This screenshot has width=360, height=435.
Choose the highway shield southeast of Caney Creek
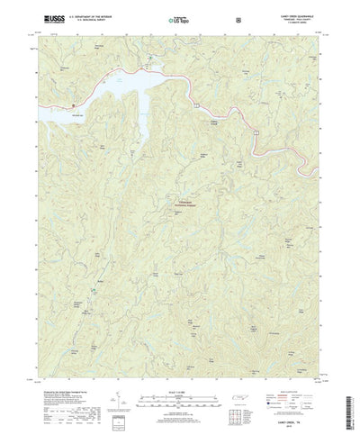click(x=256, y=132)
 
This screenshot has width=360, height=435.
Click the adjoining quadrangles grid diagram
click(x=236, y=397)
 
